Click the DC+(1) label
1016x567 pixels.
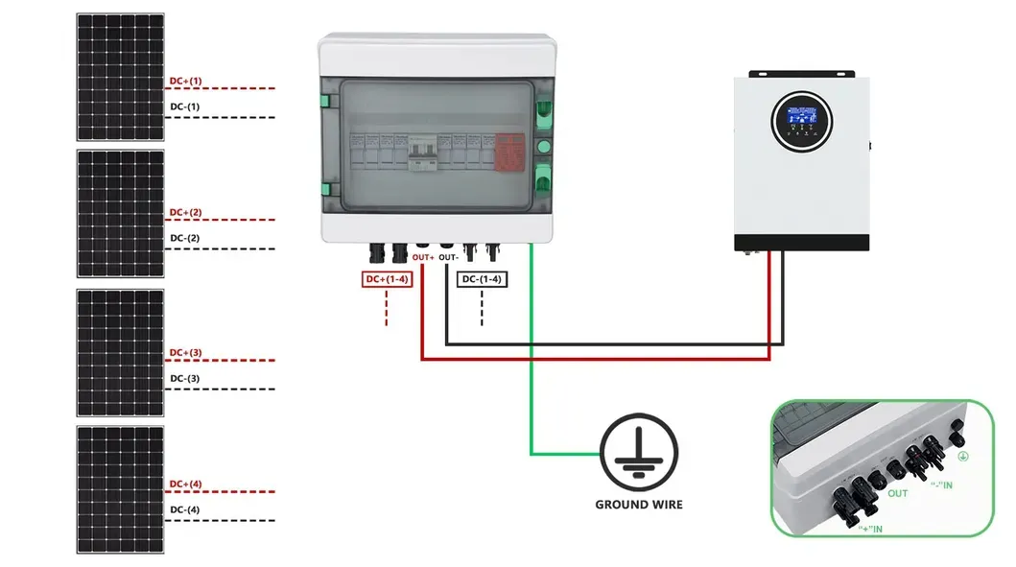tap(185, 81)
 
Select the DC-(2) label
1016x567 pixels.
tap(185, 238)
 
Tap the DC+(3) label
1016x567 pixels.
tap(185, 353)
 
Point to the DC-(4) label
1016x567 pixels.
tap(185, 509)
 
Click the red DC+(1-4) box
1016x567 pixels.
tap(387, 279)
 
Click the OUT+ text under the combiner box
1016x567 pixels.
tap(423, 258)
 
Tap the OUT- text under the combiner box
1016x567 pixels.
tap(450, 258)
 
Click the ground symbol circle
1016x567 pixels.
tap(639, 450)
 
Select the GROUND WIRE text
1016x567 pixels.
tap(639, 504)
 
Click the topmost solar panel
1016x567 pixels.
tap(120, 76)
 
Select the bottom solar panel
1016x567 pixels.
tap(120, 489)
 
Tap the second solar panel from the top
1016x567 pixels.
tap(120, 212)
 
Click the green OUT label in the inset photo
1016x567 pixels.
tap(897, 494)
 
